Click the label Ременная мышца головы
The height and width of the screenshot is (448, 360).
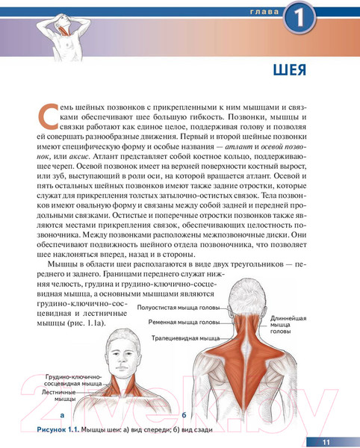click(x=183, y=323)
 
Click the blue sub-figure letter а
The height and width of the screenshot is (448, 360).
click(x=62, y=414)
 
